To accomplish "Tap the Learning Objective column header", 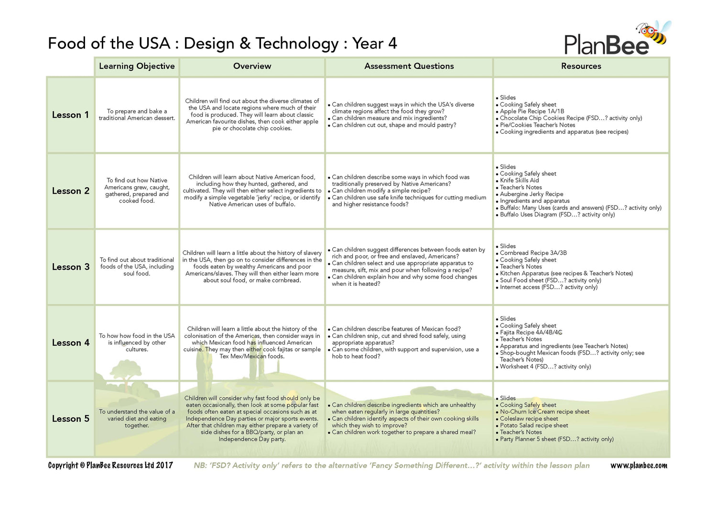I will point(137,66).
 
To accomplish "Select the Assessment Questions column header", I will point(409,66).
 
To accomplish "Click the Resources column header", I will point(581,66).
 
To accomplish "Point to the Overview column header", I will point(252,66).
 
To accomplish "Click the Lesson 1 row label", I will point(70,115).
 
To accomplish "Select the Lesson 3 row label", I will point(70,267).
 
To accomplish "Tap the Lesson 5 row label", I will point(70,419).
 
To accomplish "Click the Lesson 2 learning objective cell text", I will point(137,191).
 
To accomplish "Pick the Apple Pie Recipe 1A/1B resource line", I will point(532,111).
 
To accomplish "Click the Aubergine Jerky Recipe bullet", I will point(531,194).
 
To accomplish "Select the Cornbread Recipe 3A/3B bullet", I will point(533,253).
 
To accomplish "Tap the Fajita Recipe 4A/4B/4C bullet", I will point(531,333).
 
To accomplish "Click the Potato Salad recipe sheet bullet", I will point(533,425).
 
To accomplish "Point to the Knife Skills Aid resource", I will point(519,181).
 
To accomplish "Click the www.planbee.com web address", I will point(639,465).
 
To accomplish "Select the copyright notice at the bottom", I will point(110,465).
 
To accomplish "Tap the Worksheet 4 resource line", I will point(545,367).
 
